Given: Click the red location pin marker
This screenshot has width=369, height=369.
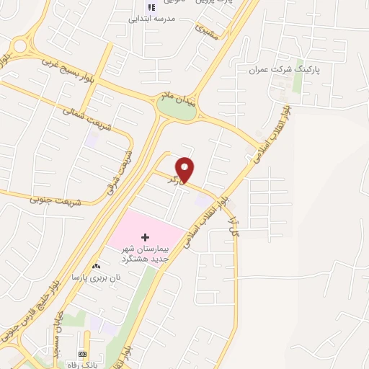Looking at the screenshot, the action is (186, 169).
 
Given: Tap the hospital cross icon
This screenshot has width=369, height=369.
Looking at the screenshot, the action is (145, 236).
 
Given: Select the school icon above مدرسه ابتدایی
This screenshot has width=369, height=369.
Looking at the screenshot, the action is (151, 7).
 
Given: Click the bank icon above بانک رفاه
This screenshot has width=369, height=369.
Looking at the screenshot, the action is (82, 354).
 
